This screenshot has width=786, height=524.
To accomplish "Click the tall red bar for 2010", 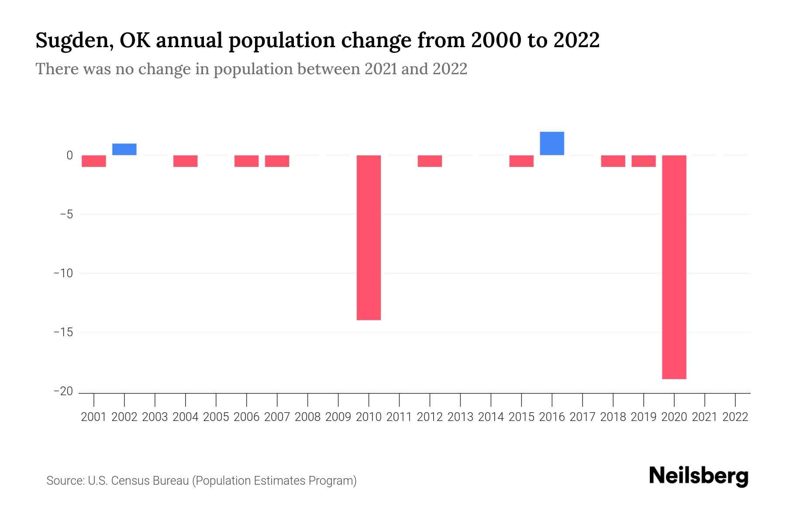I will [x=369, y=238].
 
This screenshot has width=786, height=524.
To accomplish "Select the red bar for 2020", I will [x=674, y=267].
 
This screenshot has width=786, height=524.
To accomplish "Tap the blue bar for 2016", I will [x=552, y=143].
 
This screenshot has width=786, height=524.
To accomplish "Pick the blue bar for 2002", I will [x=124, y=149].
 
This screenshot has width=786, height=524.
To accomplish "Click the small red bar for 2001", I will [x=94, y=161].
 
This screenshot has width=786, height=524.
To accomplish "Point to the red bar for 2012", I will [x=430, y=161].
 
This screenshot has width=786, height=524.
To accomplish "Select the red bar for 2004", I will [x=186, y=161].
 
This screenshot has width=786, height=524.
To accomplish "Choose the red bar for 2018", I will [x=613, y=161].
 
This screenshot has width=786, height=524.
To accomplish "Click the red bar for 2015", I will [x=521, y=161].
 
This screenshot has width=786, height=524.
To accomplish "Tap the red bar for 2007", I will [x=277, y=161].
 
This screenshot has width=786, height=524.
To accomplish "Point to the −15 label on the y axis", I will [x=63, y=332].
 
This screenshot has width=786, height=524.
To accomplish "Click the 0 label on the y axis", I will [x=69, y=155].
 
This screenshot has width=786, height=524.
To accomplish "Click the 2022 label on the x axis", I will [x=735, y=417].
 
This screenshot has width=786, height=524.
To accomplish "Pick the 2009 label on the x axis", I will [x=338, y=417].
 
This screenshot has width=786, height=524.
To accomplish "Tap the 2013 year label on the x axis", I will [x=460, y=417].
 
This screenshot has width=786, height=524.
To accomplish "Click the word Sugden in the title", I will [x=72, y=41].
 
